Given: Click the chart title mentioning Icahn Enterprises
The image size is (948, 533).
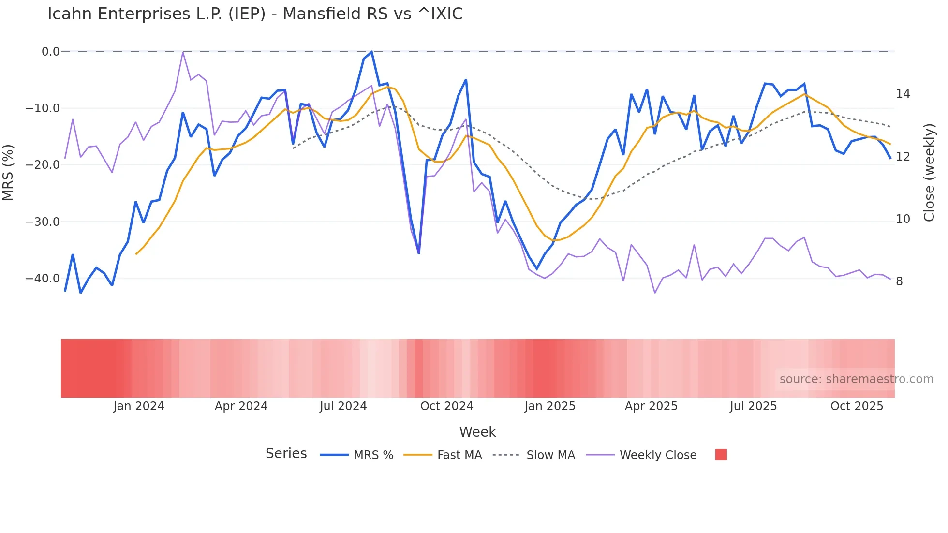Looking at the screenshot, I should click(255, 14).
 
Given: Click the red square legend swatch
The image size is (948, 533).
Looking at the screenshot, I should click(721, 455).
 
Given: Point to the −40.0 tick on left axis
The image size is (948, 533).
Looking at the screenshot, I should click(43, 279).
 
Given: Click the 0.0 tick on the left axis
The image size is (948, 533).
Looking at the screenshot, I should click(50, 52).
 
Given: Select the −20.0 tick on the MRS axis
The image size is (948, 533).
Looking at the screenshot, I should click(43, 165).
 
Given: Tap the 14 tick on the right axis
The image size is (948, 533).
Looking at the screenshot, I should click(903, 94).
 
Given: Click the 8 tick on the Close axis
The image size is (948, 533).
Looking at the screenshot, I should click(899, 281).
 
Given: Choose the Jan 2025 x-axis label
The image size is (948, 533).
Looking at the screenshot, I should click(550, 406).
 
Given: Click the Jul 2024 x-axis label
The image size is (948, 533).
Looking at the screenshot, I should click(343, 406).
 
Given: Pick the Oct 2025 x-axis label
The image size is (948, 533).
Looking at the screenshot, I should click(857, 406).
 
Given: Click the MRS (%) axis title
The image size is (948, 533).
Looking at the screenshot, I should click(8, 173).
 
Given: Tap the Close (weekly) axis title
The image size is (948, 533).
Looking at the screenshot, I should click(929, 173).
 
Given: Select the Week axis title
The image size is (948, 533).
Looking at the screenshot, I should click(477, 432).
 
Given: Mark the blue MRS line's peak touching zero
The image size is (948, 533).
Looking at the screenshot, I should click(371, 52).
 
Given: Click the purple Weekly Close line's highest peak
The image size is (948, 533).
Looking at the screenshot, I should click(183, 52).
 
